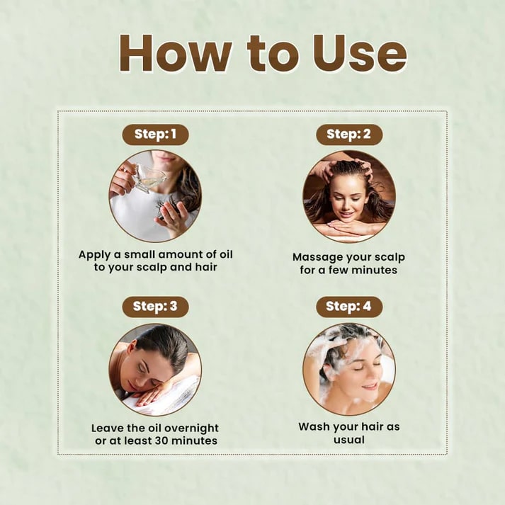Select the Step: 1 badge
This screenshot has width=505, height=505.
[155, 135]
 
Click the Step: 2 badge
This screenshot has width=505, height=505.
[349, 135]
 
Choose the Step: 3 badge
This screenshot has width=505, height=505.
[155, 307]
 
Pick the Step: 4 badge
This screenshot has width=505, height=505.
[349, 307]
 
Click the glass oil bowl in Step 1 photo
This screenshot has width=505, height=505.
[149, 178]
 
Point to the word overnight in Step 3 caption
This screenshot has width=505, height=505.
[186, 428]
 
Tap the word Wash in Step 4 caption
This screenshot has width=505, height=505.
[315, 427]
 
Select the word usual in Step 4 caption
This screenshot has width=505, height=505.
[348, 440]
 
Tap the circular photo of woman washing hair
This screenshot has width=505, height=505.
[349, 368]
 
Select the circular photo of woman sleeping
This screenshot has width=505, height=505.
[155, 368]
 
